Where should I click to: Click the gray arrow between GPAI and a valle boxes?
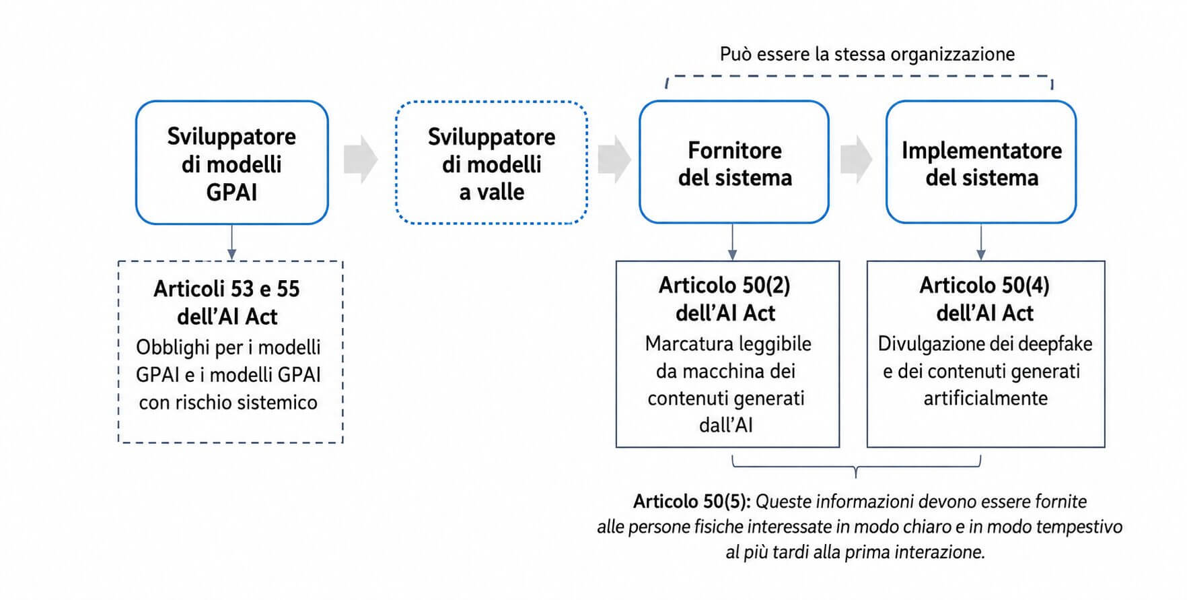(361, 160)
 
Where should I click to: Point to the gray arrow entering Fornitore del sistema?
(614, 160)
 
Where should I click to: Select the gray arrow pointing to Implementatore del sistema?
(856, 160)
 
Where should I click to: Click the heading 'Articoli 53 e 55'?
(227, 289)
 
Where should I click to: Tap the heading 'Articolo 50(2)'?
(725, 286)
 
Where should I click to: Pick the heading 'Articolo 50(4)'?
(984, 286)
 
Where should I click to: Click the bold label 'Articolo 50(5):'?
(692, 502)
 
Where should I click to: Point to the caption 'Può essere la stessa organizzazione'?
(867, 54)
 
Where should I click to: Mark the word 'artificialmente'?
(986, 399)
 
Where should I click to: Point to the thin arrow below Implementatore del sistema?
(981, 242)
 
